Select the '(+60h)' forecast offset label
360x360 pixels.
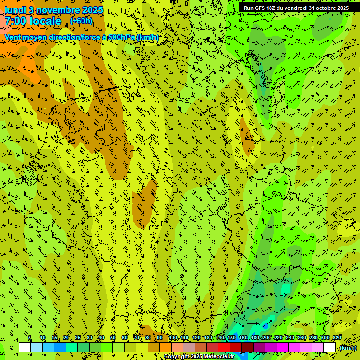point(81,21)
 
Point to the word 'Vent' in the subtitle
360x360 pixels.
point(14,37)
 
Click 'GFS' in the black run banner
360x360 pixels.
point(260,8)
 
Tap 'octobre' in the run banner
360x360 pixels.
point(321,8)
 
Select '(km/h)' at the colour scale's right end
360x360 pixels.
point(348,348)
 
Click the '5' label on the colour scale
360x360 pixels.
point(30,338)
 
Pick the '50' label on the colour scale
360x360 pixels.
point(113,338)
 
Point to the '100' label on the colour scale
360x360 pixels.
point(172,338)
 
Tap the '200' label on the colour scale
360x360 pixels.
point(267,338)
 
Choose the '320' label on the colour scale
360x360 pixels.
point(337,338)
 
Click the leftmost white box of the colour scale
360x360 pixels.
point(25,347)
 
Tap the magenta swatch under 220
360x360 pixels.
point(283,347)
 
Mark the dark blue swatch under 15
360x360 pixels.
point(60,347)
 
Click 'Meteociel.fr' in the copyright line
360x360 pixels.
point(217,357)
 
